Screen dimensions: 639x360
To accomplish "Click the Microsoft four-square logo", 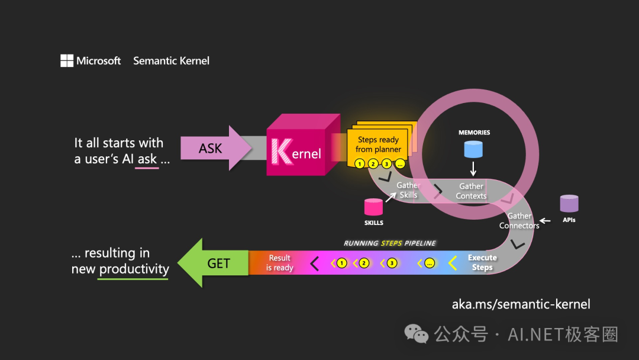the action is tap(67, 61).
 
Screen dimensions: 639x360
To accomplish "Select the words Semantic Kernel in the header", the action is tap(171, 61).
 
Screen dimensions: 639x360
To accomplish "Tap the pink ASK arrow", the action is tap(216, 148).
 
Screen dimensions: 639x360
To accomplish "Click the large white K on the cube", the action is tap(282, 152).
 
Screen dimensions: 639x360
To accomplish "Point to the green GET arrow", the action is tap(213, 263).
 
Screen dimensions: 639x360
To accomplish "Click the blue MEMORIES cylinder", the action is tap(473, 149).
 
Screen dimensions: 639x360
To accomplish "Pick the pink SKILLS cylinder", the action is tap(373, 207).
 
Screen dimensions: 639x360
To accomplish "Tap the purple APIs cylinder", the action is tap(569, 204).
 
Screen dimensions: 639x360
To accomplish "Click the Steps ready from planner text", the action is tap(378, 144).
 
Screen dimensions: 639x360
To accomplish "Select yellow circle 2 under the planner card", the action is tap(373, 164).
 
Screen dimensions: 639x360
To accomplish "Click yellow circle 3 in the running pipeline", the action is tap(392, 263).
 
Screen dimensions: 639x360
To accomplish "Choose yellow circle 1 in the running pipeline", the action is tap(341, 263).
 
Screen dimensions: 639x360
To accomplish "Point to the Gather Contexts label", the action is tap(471, 191).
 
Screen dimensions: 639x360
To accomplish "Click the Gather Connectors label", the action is tap(519, 221).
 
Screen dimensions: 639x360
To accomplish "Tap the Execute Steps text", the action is tap(482, 262).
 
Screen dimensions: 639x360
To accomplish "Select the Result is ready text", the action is tap(279, 263).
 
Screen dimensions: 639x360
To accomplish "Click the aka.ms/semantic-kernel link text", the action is tap(521, 304).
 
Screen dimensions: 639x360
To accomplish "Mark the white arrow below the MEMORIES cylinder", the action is tap(473, 168).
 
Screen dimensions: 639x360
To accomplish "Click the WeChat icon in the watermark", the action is tap(416, 333).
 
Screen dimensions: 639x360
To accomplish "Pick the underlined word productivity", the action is tap(134, 269).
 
